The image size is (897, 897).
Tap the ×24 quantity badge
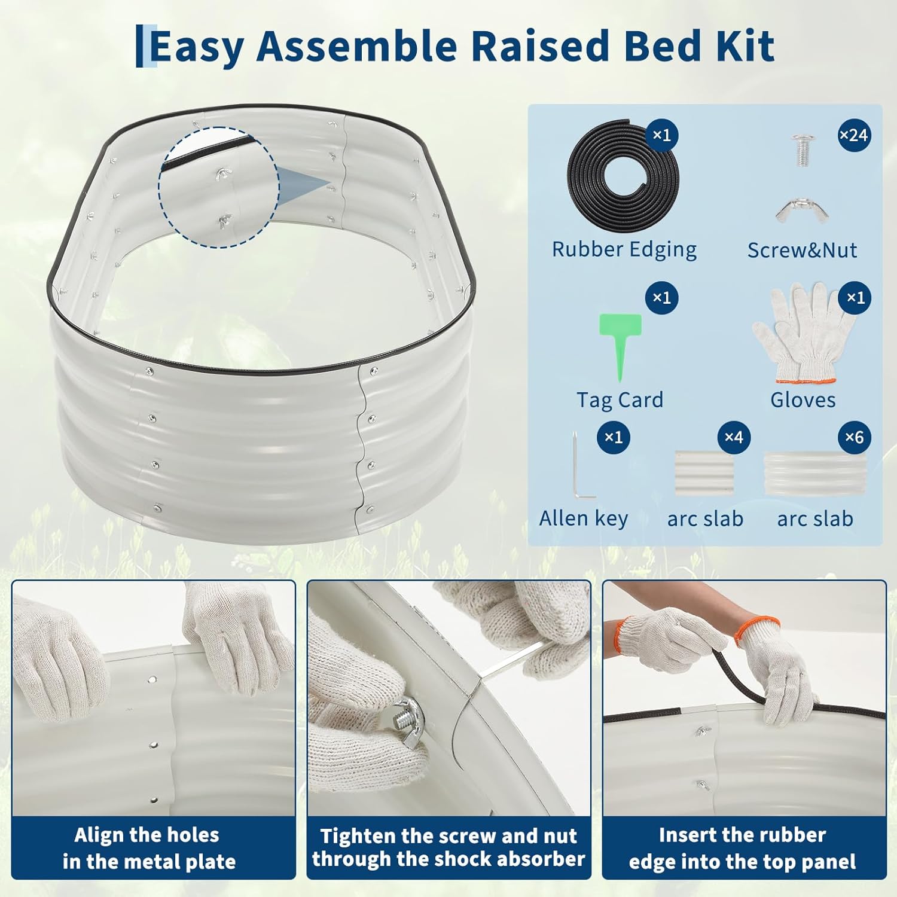pyautogui.click(x=854, y=135)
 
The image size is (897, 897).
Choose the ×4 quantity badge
pyautogui.click(x=734, y=438)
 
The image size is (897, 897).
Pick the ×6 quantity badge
pyautogui.click(x=854, y=438)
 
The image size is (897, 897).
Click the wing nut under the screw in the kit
pyautogui.click(x=802, y=210)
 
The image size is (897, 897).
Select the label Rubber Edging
pyautogui.click(x=624, y=249)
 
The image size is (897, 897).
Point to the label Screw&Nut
pyautogui.click(x=802, y=250)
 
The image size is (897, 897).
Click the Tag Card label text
pyautogui.click(x=620, y=399)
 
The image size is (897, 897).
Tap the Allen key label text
pyautogui.click(x=583, y=518)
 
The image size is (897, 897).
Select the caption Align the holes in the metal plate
pyautogui.click(x=148, y=848)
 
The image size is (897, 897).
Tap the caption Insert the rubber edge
pyautogui.click(x=742, y=848)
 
